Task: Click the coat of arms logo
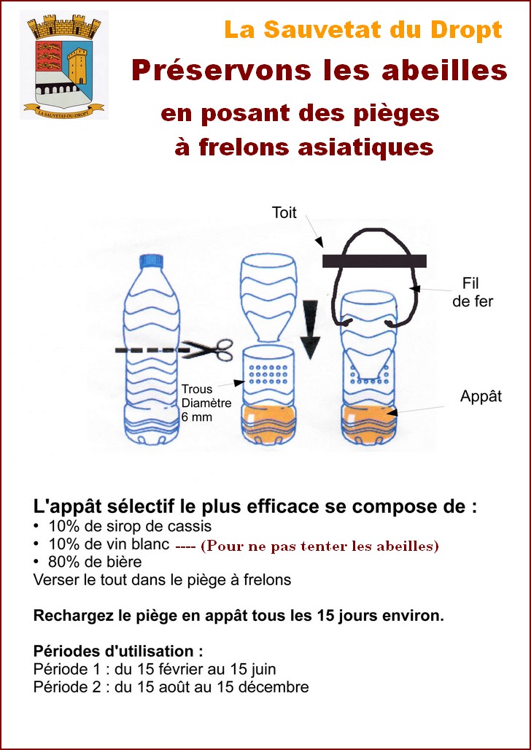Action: coord(64,65)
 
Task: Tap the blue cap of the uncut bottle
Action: coord(151,261)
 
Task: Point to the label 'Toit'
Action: coord(284,212)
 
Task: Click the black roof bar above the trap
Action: coord(375,261)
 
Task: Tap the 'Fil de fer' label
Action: coord(473,292)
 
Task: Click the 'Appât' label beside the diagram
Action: coord(481,397)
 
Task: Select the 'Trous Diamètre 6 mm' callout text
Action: coord(206,403)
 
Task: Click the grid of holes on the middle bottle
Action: coord(269,374)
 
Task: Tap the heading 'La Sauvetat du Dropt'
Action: coord(363,30)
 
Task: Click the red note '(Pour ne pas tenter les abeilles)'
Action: coord(319,546)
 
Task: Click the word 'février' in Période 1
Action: coord(180,669)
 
